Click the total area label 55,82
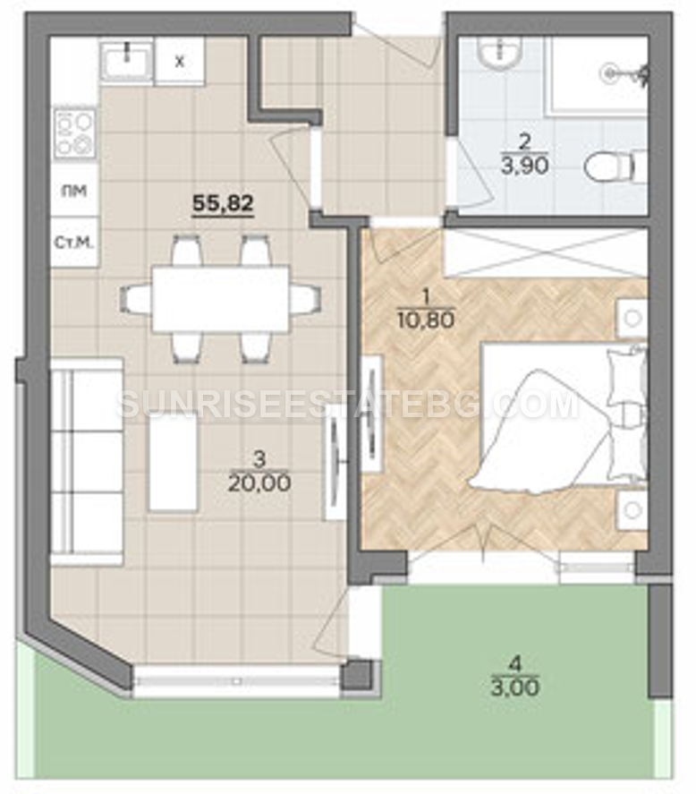tap(223, 203)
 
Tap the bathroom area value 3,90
tap(525, 166)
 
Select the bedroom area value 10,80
tap(426, 320)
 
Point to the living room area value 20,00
tap(259, 483)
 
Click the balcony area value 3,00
tap(514, 687)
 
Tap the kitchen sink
tap(126, 61)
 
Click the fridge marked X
tap(179, 61)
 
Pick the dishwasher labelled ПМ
tap(74, 191)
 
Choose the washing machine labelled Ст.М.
tap(74, 243)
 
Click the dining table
tap(221, 298)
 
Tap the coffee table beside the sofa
tap(173, 461)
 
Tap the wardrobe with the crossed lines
tap(546, 252)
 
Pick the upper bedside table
tap(632, 318)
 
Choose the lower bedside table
tap(632, 510)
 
